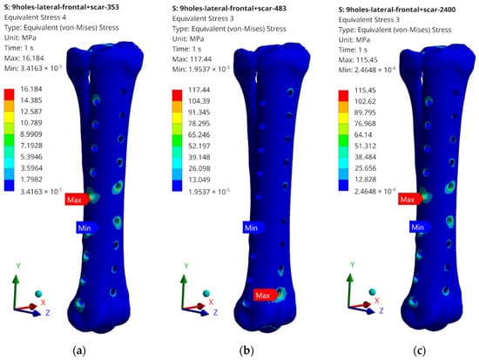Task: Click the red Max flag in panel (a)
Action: [77, 200]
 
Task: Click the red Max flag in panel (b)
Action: [266, 295]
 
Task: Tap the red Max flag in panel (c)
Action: [410, 200]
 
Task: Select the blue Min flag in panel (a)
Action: [87, 228]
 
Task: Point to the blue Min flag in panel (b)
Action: [253, 228]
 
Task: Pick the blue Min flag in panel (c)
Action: [420, 228]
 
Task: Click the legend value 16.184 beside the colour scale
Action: [31, 89]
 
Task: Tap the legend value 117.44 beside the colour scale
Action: [199, 90]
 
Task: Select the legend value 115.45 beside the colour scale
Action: [365, 91]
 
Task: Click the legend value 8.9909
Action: [31, 134]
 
